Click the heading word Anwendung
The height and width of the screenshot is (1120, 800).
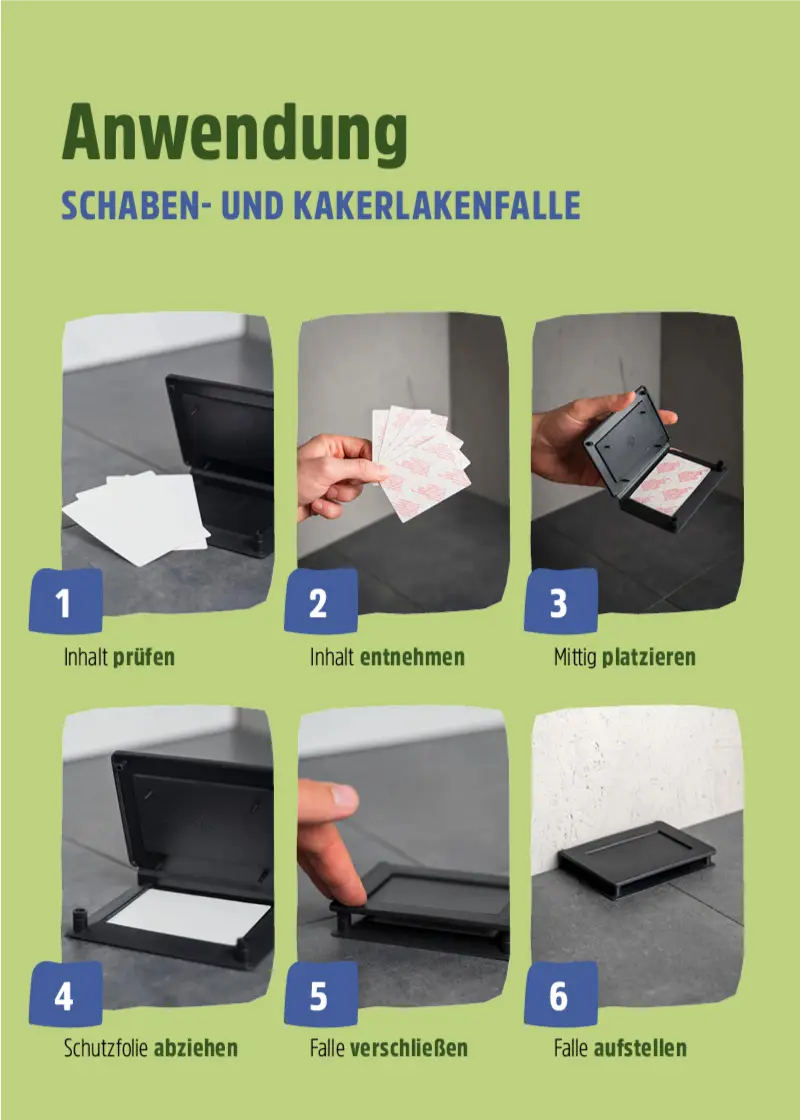pyautogui.click(x=235, y=133)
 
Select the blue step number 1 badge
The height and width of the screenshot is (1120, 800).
pyautogui.click(x=66, y=602)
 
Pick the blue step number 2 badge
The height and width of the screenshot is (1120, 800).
pyautogui.click(x=319, y=602)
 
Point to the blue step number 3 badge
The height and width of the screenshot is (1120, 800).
pyautogui.click(x=560, y=602)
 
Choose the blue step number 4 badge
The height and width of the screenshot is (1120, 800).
pyautogui.click(x=66, y=995)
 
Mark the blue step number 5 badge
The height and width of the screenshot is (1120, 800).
pyautogui.click(x=319, y=995)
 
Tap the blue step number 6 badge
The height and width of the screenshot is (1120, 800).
pyautogui.click(x=560, y=995)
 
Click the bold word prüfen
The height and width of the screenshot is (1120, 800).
pyautogui.click(x=144, y=657)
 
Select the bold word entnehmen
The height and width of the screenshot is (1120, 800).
pyautogui.click(x=412, y=657)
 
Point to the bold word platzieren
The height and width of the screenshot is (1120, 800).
pyautogui.click(x=649, y=657)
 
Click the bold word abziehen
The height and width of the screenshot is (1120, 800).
pyautogui.click(x=196, y=1048)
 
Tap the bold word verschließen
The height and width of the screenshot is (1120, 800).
pyautogui.click(x=409, y=1048)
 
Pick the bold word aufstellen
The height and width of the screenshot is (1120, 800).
pyautogui.click(x=640, y=1048)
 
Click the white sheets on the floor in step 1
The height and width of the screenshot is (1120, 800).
pyautogui.click(x=140, y=515)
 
